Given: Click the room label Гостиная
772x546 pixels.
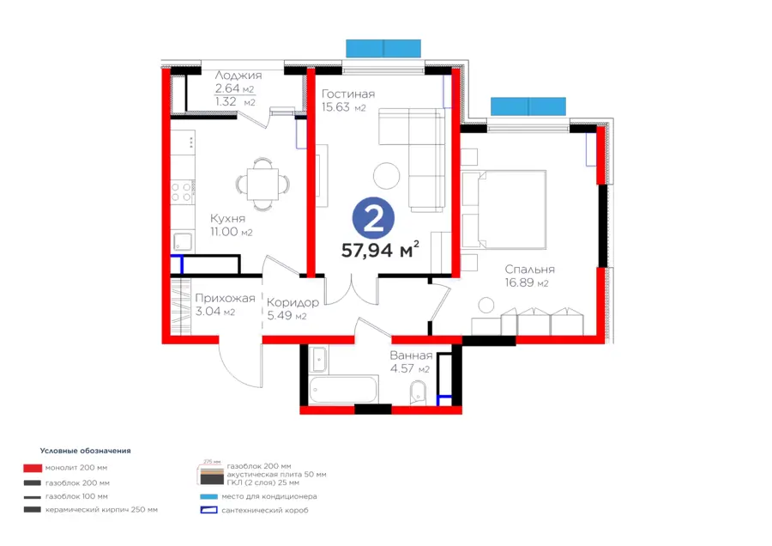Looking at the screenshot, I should (347, 94).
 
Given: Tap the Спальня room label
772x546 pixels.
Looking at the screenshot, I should (529, 269).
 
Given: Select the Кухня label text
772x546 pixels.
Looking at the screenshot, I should (228, 218).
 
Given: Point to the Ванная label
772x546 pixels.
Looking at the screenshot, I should (410, 355).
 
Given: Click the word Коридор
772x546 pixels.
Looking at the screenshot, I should (293, 302).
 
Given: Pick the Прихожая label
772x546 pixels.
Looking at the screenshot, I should (225, 298).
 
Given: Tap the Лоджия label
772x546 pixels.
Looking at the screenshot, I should (238, 76).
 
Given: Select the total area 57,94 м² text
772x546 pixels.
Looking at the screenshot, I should (380, 250).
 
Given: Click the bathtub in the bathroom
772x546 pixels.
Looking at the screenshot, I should (343, 391).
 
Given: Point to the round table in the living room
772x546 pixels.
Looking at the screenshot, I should (387, 175).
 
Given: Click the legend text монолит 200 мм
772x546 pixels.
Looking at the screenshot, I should (77, 468).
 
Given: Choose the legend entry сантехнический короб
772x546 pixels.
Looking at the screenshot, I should (266, 510).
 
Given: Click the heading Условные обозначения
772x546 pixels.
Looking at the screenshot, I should (85, 450).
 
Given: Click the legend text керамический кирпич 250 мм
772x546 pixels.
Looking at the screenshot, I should (101, 510).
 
